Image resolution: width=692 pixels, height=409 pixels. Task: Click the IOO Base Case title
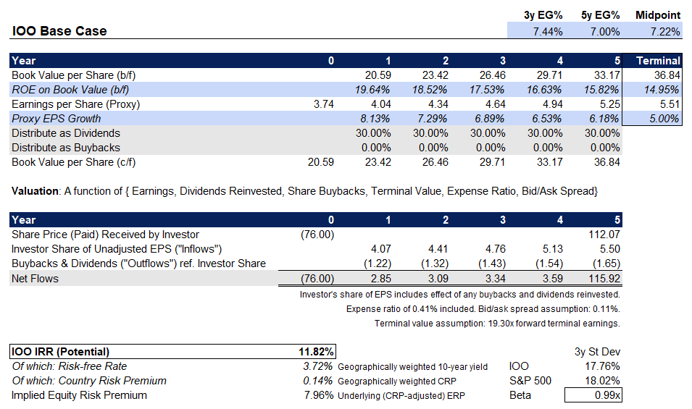[59, 31]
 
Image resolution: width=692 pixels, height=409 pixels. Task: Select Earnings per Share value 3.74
[322, 104]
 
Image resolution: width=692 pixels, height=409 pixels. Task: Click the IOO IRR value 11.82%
[317, 352]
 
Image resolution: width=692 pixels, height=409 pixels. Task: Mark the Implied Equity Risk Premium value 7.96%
[319, 395]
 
